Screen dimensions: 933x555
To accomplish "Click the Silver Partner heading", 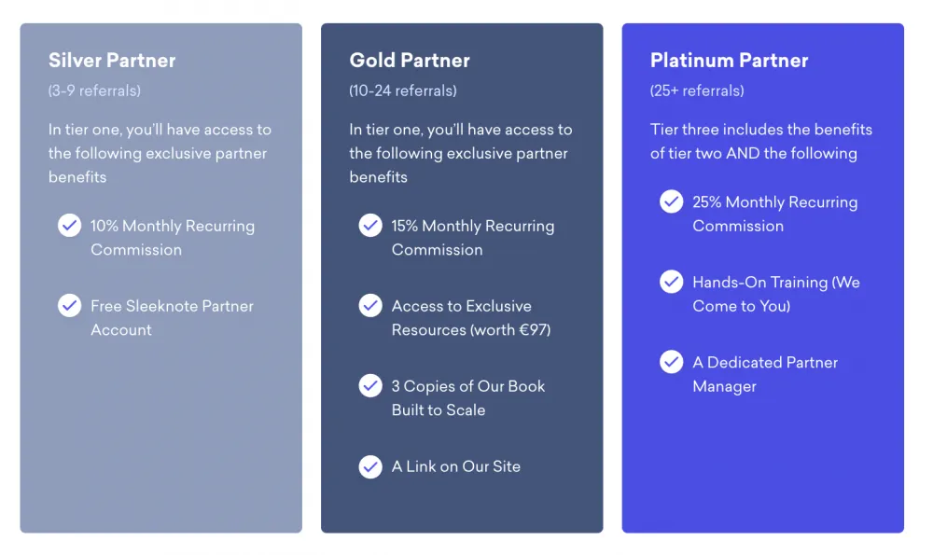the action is pyautogui.click(x=112, y=60).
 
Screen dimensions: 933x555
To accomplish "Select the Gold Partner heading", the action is pyautogui.click(x=410, y=60).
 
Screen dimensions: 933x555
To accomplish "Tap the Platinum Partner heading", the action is pyautogui.click(x=729, y=60).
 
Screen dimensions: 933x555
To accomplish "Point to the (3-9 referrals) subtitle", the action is pyautogui.click(x=94, y=90).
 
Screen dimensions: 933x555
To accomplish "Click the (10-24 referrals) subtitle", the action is pyautogui.click(x=403, y=90).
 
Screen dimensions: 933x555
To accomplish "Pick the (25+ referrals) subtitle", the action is pyautogui.click(x=697, y=90).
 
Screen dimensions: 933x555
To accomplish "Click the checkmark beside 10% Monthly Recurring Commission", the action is pyautogui.click(x=70, y=226).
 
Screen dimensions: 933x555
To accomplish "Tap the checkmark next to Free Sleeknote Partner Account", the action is pyautogui.click(x=70, y=305).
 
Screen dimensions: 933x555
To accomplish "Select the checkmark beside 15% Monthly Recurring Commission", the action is pyautogui.click(x=370, y=226).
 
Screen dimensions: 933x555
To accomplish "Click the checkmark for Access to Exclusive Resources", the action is pyautogui.click(x=370, y=305).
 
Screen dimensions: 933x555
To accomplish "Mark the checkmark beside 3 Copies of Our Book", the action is pyautogui.click(x=370, y=385).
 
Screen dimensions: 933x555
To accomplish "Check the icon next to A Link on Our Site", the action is pyautogui.click(x=370, y=466).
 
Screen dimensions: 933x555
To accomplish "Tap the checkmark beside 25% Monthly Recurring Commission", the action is pyautogui.click(x=671, y=201).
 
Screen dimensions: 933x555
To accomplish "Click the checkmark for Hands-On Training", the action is pyautogui.click(x=671, y=282).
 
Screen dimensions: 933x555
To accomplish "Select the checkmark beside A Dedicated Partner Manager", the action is pyautogui.click(x=671, y=362).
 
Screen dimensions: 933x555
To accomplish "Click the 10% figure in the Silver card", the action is pyautogui.click(x=104, y=226).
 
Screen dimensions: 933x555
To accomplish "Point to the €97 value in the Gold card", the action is pyautogui.click(x=533, y=329).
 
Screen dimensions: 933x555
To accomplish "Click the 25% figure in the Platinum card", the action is pyautogui.click(x=707, y=202).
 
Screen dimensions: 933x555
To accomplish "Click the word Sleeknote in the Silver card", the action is pyautogui.click(x=161, y=306).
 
